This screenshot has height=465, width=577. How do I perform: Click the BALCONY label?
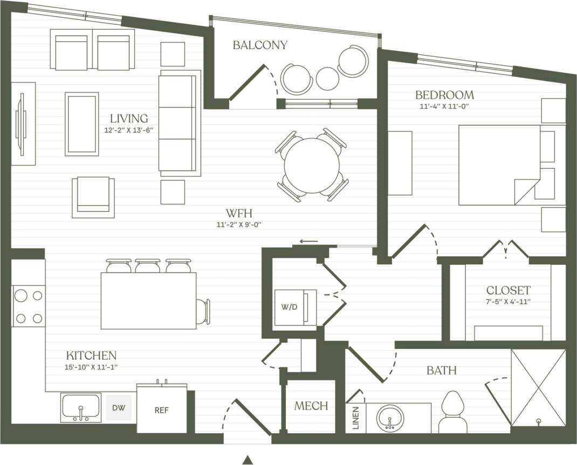260,45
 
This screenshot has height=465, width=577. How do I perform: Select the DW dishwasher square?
119,408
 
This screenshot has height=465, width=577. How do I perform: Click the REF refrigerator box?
161,410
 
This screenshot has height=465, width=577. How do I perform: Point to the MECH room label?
311,406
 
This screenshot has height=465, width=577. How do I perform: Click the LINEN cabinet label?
355,418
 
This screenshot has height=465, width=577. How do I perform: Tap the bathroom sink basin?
390,417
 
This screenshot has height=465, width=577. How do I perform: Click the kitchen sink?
81,407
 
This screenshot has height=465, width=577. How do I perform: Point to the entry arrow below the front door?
247,460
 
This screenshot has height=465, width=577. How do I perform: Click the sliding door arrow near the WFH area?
309,241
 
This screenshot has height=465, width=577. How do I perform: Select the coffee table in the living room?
82,124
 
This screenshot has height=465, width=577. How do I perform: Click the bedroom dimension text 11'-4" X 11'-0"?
444,106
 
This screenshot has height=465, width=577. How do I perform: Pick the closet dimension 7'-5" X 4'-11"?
508,302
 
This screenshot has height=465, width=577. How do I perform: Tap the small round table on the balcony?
327,78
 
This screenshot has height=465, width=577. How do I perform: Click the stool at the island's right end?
203,311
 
